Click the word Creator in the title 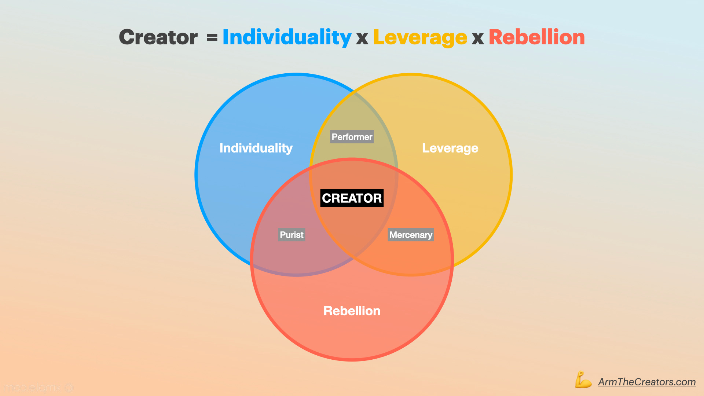158,37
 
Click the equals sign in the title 212,37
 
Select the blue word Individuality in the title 287,37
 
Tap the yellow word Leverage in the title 420,37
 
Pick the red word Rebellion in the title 536,37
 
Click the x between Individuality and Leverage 362,38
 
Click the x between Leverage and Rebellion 477,38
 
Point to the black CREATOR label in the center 352,198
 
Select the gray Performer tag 352,137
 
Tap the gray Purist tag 291,235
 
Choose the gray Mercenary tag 411,235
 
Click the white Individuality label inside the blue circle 256,148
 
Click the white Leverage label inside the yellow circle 450,148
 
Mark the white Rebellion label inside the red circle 352,311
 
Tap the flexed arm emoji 583,380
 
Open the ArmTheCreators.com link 647,382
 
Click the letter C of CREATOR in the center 327,198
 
